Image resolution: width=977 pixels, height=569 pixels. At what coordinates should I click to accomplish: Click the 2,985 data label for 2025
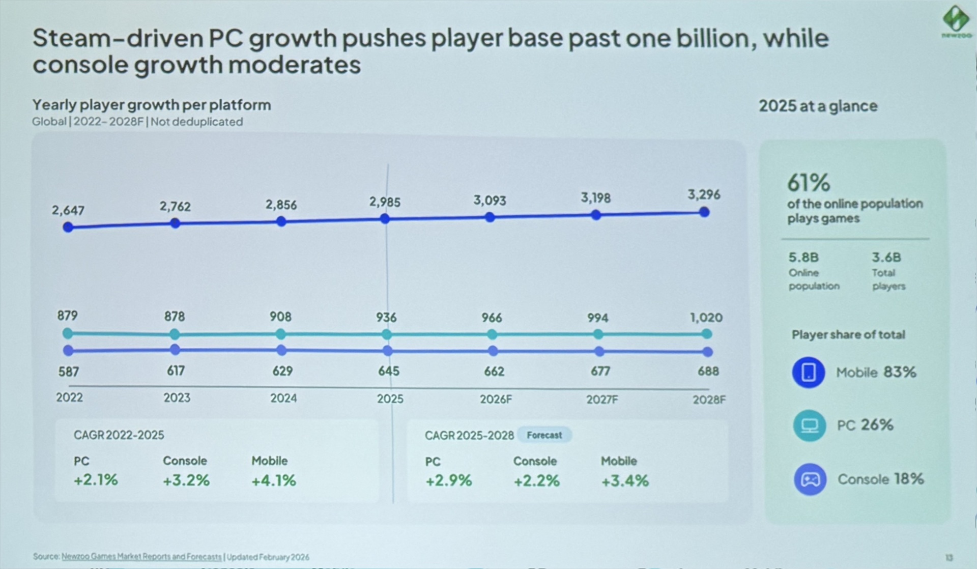click(x=385, y=202)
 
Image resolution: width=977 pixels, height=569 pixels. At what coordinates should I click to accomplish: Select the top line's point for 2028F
click(x=704, y=212)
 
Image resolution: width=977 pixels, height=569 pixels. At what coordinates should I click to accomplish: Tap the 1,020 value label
click(x=706, y=318)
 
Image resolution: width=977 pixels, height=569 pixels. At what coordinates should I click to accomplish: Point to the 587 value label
click(x=69, y=372)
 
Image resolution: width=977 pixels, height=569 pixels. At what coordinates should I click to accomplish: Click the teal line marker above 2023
click(x=175, y=334)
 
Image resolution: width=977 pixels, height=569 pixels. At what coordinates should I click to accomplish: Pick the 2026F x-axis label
click(x=496, y=399)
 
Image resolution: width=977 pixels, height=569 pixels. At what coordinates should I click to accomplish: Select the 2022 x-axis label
click(x=69, y=397)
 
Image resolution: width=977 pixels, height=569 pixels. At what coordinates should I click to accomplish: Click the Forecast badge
click(x=544, y=435)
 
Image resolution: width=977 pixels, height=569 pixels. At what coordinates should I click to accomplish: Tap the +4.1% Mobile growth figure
click(x=273, y=480)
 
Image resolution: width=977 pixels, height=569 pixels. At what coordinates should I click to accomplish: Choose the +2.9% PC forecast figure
click(x=449, y=480)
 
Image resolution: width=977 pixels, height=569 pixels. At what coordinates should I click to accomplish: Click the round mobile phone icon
click(x=808, y=372)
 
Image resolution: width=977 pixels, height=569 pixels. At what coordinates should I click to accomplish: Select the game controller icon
click(x=810, y=479)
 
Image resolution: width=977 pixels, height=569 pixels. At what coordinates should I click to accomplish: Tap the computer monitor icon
click(x=809, y=425)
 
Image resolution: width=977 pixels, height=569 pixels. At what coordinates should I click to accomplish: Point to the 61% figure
click(x=808, y=183)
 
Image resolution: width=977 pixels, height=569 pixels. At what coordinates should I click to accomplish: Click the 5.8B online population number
click(x=803, y=257)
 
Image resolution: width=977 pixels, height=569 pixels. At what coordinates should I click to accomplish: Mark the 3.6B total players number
click(x=886, y=257)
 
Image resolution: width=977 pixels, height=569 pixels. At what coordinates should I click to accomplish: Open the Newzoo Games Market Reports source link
click(x=141, y=557)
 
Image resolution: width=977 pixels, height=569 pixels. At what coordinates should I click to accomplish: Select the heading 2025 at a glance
click(x=818, y=106)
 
